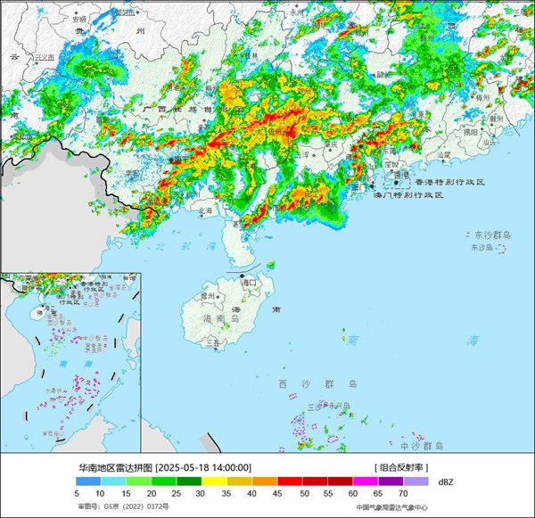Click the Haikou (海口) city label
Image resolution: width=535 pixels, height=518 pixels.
[x=255, y=283]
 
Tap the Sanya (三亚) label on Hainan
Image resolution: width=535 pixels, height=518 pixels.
[x=212, y=341]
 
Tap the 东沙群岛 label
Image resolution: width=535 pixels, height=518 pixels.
[x=490, y=234]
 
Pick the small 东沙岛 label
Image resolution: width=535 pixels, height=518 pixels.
[x=481, y=247]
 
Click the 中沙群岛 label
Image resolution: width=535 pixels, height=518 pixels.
[x=422, y=444]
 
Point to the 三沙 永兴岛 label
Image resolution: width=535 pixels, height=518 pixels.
[x=327, y=406]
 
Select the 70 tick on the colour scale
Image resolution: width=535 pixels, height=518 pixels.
[x=402, y=492]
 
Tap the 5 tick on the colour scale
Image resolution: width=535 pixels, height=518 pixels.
[x=78, y=492]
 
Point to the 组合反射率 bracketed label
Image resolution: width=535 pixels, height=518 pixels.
[x=402, y=466]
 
